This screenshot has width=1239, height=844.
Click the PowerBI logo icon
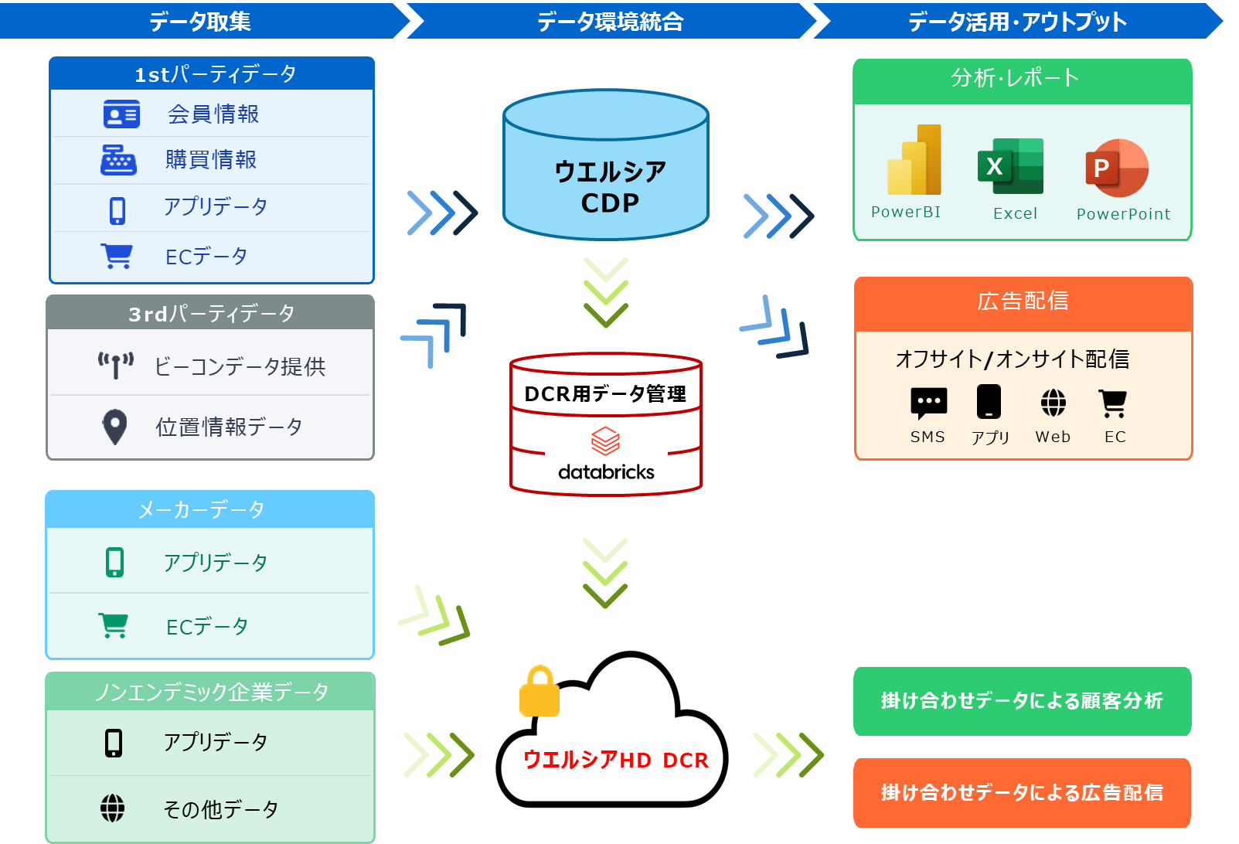(914, 159)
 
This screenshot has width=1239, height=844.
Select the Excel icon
(1010, 166)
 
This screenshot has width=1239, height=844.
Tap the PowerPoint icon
(1117, 168)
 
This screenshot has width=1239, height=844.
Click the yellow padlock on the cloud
(540, 691)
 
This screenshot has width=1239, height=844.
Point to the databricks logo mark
(605, 441)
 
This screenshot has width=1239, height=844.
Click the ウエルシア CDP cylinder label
(610, 187)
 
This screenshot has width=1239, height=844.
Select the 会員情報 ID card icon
(121, 114)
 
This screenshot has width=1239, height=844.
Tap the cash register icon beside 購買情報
(118, 161)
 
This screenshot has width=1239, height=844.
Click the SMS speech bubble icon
(929, 403)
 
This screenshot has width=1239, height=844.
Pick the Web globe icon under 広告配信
(1053, 403)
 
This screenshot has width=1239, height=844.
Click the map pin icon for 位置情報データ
(115, 427)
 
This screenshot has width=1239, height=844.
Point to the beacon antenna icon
(116, 365)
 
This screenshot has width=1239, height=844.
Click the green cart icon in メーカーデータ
(114, 625)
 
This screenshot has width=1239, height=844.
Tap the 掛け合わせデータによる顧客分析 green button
(1022, 701)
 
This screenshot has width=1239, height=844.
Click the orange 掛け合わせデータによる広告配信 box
(1022, 792)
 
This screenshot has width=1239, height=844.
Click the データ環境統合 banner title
(611, 22)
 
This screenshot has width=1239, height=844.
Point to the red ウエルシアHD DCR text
(615, 760)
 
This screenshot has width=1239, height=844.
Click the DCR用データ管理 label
(605, 394)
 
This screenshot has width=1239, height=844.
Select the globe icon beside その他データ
(112, 808)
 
